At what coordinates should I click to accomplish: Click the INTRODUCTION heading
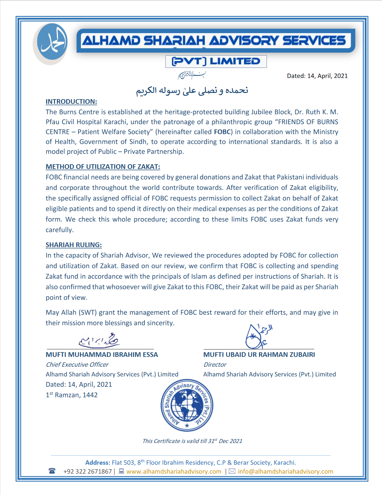[71, 102]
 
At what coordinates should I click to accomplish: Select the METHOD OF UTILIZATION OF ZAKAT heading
[103, 167]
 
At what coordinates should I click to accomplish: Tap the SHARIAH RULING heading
[74, 245]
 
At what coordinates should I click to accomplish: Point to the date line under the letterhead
[317, 76]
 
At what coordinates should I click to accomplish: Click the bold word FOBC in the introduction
[222, 132]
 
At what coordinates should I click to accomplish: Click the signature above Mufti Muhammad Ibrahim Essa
[99, 340]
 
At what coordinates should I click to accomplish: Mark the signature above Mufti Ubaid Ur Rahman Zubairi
[258, 337]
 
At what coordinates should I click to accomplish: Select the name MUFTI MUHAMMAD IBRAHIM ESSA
[102, 355]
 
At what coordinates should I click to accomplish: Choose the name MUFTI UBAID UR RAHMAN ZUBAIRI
[259, 355]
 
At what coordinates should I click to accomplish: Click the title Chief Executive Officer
[77, 365]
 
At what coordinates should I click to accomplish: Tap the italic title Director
[215, 365]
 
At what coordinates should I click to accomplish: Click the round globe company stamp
[187, 406]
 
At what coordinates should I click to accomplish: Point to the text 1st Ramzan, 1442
[72, 395]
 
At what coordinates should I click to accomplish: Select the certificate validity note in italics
[192, 441]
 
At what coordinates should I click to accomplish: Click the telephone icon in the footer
[52, 471]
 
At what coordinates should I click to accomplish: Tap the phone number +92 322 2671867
[88, 472]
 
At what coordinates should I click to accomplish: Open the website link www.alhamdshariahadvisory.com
[174, 472]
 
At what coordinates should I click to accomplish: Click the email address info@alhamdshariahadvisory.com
[285, 472]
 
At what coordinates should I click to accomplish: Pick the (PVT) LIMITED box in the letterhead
[216, 62]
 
